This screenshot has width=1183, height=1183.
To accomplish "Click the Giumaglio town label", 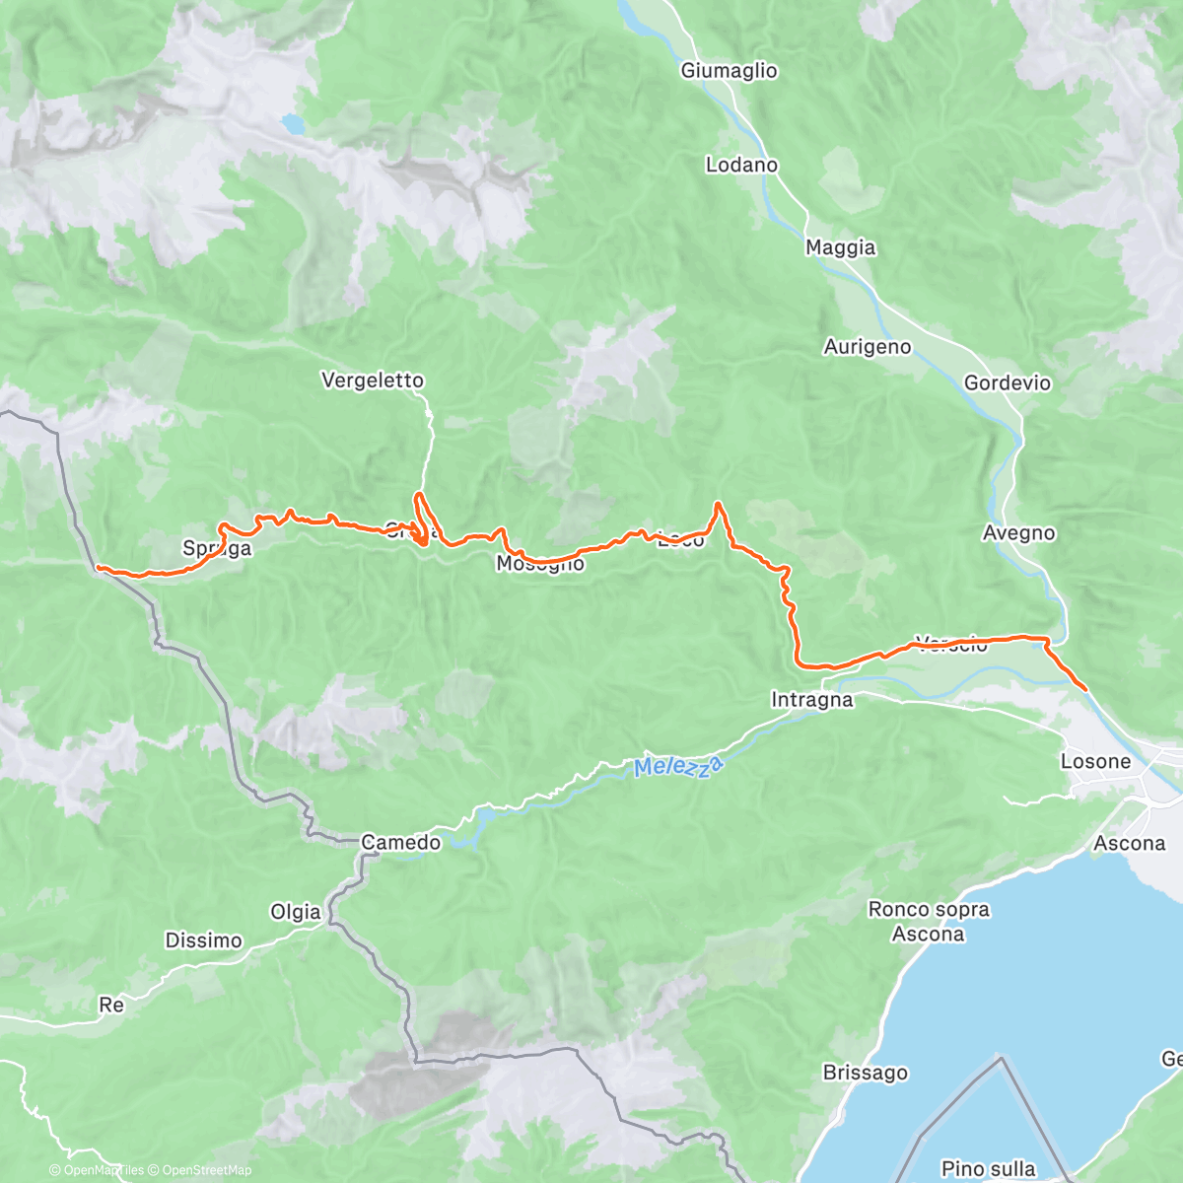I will click(729, 71).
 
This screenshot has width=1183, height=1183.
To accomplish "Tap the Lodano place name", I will click(741, 165).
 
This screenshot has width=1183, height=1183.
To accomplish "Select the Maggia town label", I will click(840, 247).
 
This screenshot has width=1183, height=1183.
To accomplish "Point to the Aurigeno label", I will click(868, 347).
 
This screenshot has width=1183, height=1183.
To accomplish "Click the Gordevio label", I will click(1008, 383).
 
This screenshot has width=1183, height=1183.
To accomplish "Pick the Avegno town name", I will click(1018, 533).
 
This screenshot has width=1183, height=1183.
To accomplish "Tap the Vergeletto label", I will click(373, 381).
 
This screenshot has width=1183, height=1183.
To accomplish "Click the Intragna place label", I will click(811, 700).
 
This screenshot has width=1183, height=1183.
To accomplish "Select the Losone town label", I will click(1095, 761).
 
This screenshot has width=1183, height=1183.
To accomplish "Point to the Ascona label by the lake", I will click(1129, 844).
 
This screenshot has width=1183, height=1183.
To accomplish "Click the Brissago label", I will click(866, 1073).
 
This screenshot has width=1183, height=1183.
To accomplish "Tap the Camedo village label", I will click(400, 843).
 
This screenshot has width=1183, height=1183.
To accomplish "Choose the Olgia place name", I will click(296, 912).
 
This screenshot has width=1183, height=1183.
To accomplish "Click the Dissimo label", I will click(203, 940).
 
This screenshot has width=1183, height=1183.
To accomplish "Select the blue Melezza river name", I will click(678, 766).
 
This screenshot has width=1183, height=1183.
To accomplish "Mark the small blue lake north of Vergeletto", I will click(293, 124).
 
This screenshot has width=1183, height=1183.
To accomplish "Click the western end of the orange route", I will click(98, 567).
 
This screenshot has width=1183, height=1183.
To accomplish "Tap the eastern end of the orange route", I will click(1085, 689).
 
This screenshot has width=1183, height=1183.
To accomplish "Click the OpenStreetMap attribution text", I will click(206, 1170).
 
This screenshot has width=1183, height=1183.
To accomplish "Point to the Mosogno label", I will click(540, 564).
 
